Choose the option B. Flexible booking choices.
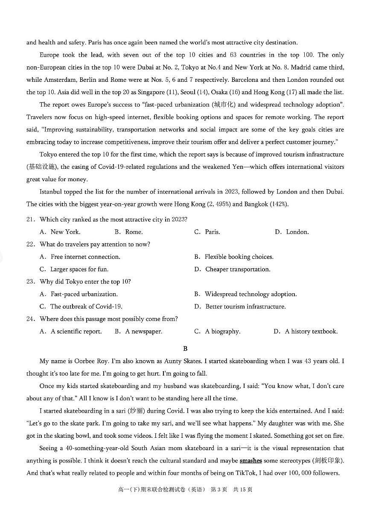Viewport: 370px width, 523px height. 234,257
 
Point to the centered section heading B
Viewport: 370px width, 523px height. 185,349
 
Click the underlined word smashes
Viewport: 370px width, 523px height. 251,461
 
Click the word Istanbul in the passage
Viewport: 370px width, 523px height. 51,192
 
